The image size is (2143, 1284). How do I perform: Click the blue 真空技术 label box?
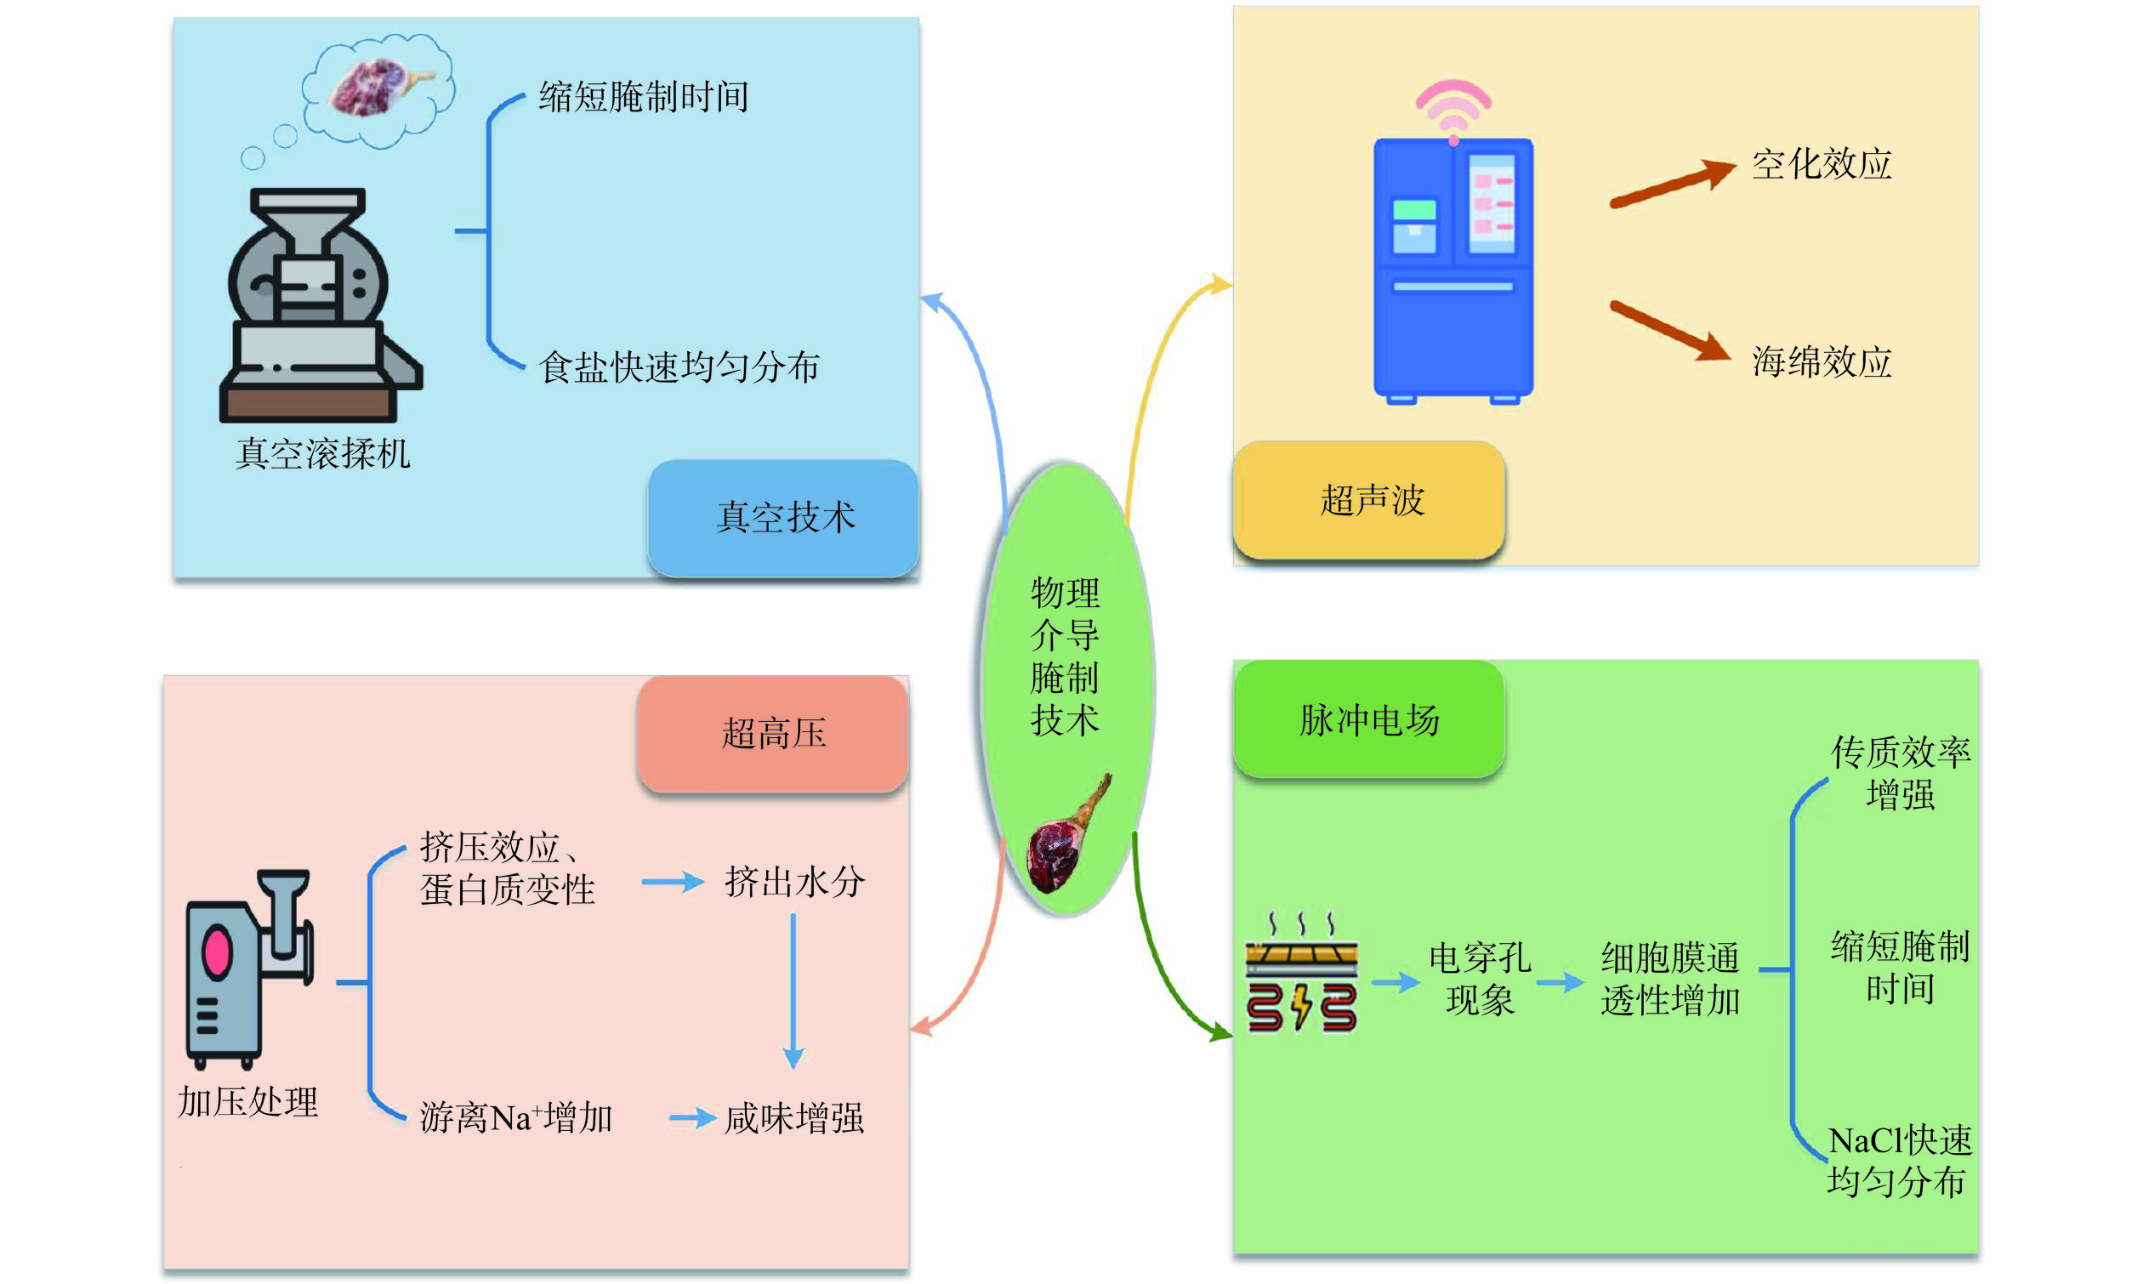(783, 517)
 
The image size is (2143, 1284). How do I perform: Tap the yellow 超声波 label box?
(1367, 500)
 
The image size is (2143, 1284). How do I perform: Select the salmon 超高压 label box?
(773, 734)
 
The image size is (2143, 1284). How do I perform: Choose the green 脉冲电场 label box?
(1367, 720)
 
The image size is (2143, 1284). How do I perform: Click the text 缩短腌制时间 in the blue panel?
(643, 97)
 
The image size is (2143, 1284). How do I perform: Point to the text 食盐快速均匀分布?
(679, 366)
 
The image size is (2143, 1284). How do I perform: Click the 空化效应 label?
(1822, 164)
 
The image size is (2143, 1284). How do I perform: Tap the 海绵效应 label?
(1822, 361)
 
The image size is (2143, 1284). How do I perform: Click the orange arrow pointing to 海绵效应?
(1670, 331)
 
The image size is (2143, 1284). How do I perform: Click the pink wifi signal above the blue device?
(1453, 107)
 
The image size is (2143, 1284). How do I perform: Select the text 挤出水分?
(794, 883)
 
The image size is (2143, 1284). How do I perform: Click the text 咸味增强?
(794, 1118)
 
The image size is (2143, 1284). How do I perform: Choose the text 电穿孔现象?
(1480, 980)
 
